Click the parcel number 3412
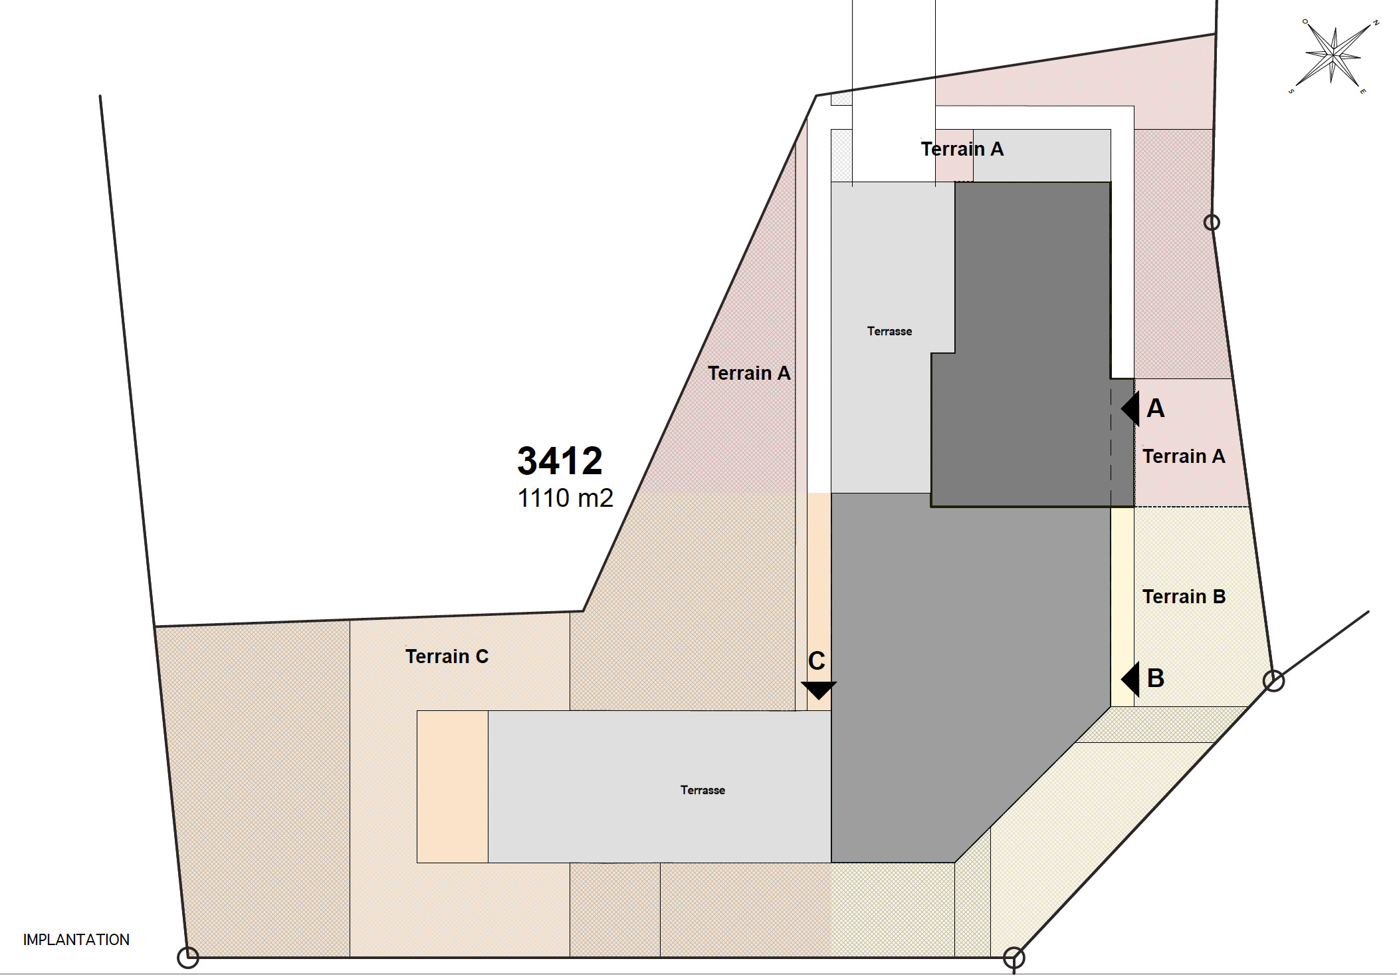[560, 460]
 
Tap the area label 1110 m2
[565, 497]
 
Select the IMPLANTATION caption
[76, 940]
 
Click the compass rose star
[1333, 56]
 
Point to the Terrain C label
[447, 656]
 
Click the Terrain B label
[1184, 597]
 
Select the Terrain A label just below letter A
[1184, 456]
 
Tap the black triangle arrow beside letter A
[1130, 408]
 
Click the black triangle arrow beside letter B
[1130, 679]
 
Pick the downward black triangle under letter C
[818, 690]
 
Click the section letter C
[817, 661]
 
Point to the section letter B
[1156, 678]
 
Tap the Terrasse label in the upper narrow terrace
[889, 331]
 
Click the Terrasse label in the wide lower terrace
[702, 790]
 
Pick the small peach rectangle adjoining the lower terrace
[453, 787]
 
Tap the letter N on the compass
[1376, 23]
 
